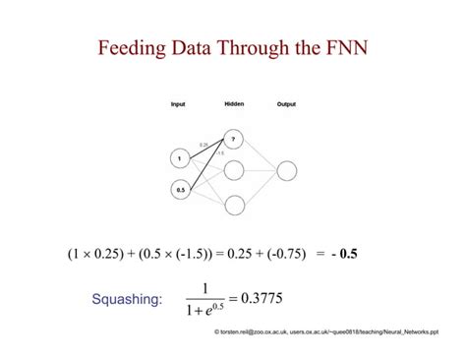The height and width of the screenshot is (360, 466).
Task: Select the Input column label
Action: [178, 104]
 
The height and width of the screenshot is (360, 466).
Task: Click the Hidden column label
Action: [234, 103]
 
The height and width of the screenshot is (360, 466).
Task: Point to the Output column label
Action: [286, 104]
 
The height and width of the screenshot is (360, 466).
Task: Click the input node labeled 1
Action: [179, 157]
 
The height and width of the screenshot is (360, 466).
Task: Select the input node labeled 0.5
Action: [179, 191]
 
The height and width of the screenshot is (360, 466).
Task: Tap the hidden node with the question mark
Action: [234, 138]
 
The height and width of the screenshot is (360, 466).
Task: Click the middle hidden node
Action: [234, 171]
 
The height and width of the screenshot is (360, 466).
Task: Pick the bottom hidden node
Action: [234, 205]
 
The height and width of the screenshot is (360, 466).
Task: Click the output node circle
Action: [286, 171]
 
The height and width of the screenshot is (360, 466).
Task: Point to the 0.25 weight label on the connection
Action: [204, 144]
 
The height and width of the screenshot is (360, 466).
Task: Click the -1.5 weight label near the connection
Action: [219, 152]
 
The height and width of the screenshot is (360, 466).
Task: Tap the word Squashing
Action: [128, 299]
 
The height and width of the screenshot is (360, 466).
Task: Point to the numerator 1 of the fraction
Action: [205, 287]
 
